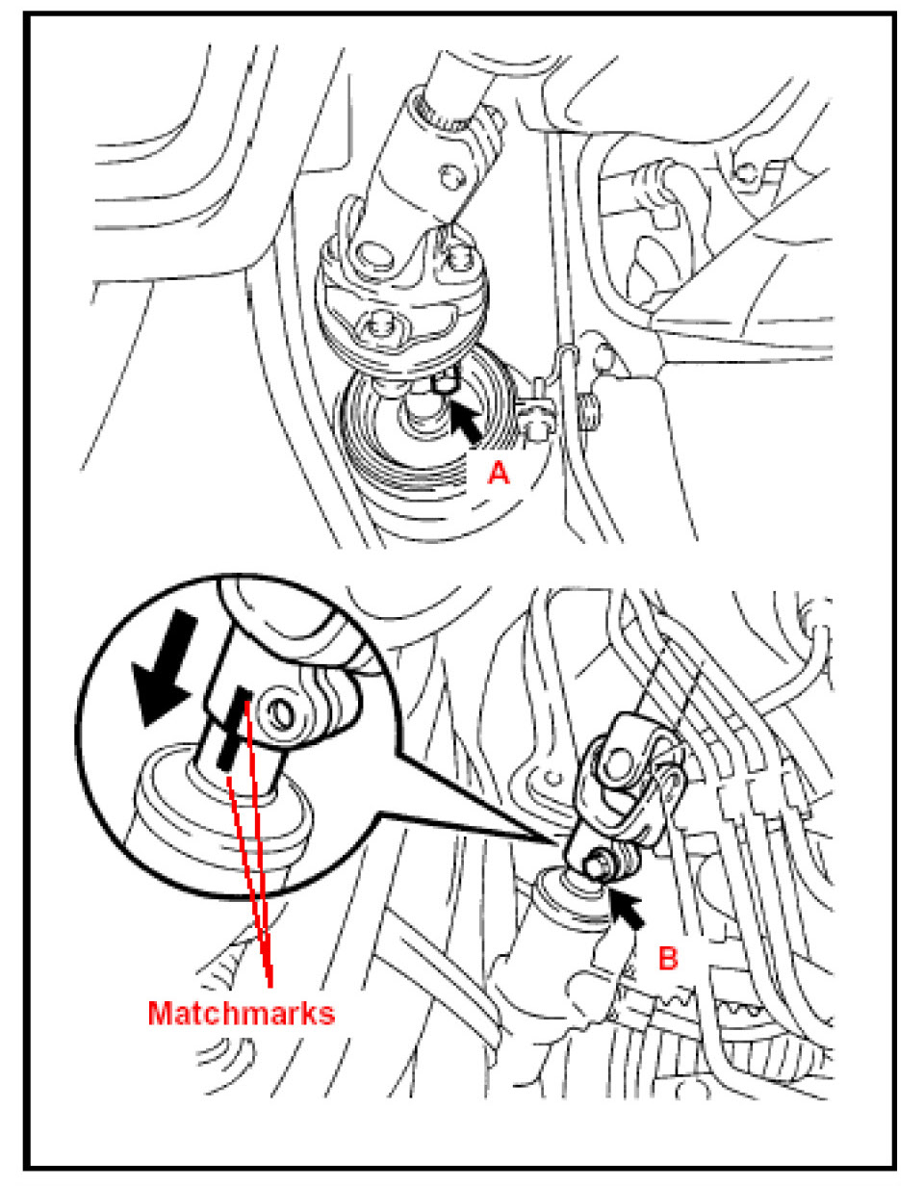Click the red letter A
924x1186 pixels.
(498, 473)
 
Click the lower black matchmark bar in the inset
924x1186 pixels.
(229, 749)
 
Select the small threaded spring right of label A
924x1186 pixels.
(588, 411)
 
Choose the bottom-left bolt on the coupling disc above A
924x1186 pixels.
(374, 324)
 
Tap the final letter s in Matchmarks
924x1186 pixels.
(326, 1014)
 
